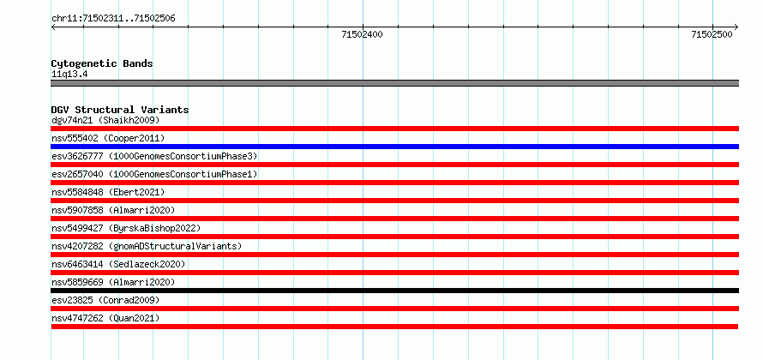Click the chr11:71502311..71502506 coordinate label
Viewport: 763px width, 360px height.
(113, 19)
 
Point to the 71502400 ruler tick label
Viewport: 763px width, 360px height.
(362, 34)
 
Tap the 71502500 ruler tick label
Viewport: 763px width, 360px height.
(712, 34)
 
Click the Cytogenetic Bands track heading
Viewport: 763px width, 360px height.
(102, 63)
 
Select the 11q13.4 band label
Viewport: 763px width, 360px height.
(69, 75)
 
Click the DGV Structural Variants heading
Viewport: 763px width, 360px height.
(120, 110)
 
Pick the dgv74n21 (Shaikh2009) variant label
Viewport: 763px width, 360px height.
(105, 120)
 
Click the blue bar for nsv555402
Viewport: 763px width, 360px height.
(394, 147)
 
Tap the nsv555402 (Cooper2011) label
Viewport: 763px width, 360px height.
(108, 138)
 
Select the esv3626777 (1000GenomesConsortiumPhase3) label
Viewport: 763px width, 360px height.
(154, 156)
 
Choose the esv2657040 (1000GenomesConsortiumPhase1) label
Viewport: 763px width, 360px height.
(154, 174)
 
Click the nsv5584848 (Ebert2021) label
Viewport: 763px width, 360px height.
(108, 192)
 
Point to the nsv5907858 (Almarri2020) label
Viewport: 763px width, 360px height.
(113, 210)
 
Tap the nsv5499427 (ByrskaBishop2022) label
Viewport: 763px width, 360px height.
(126, 228)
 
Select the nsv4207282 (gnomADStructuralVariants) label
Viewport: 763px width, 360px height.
(147, 246)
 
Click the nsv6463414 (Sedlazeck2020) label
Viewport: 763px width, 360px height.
(118, 264)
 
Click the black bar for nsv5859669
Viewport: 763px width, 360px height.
(394, 291)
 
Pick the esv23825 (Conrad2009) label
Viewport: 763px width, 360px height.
(105, 300)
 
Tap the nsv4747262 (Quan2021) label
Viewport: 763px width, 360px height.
(105, 318)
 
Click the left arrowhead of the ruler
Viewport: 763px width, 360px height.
(52, 27)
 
